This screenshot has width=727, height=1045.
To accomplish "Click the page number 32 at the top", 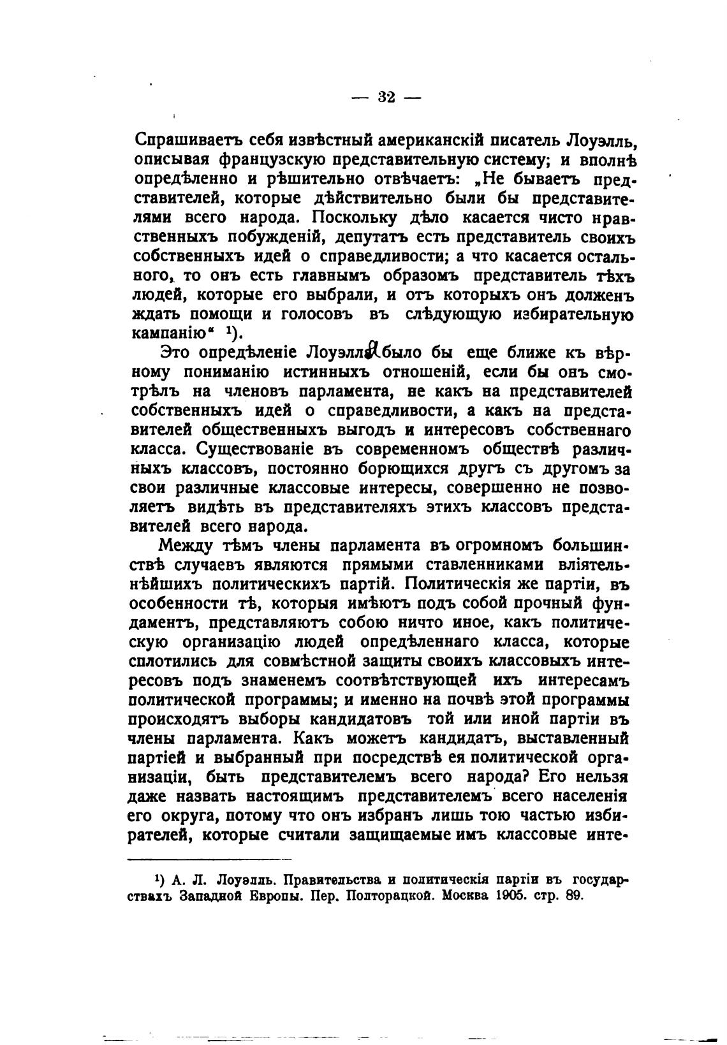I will point(386,96).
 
